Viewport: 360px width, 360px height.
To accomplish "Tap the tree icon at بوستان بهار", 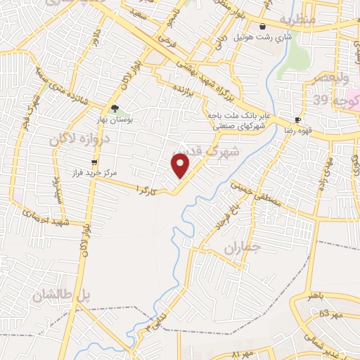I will tap(114, 109).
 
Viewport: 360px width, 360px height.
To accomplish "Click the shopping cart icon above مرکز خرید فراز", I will tap(94, 162).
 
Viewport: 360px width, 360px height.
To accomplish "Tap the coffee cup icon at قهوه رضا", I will tap(298, 120).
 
